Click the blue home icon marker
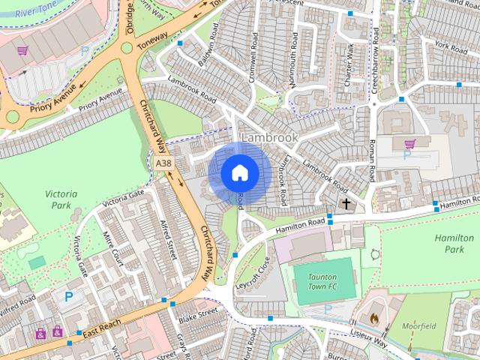pyautogui.click(x=239, y=172)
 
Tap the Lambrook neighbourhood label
pyautogui.click(x=269, y=138)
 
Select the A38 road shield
pyautogui.click(x=163, y=163)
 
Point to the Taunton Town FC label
pyautogui.click(x=322, y=281)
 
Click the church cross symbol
pyautogui.click(x=346, y=203)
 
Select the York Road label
pyautogui.click(x=451, y=46)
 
